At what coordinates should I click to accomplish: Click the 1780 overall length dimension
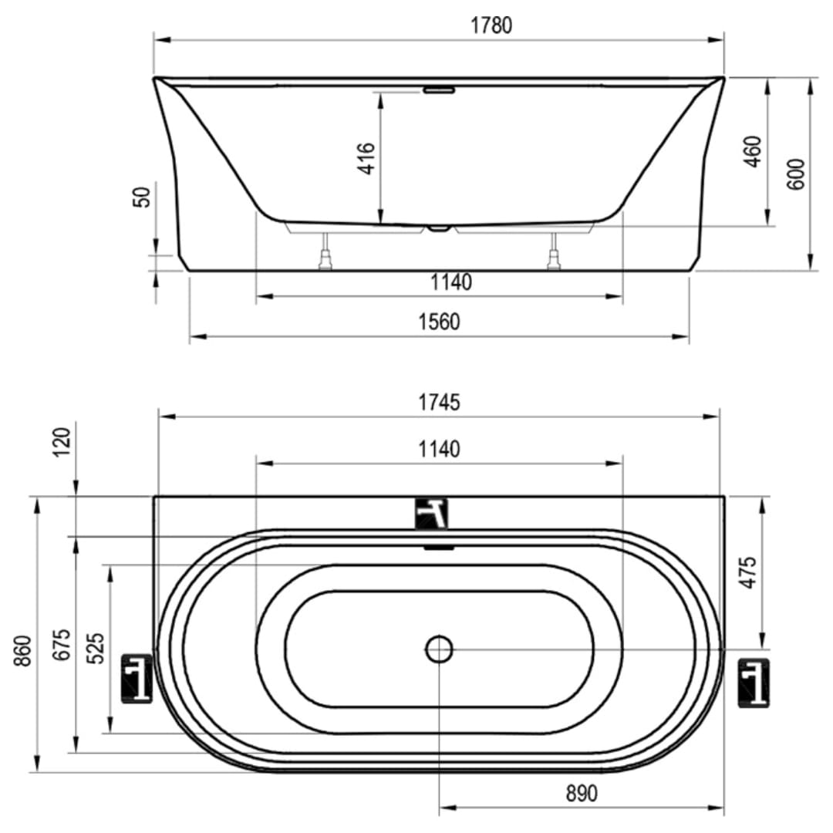click(x=491, y=25)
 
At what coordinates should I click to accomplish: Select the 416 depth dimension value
click(x=366, y=158)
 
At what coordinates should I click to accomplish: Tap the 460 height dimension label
click(x=753, y=152)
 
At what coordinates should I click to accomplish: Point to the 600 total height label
click(x=796, y=174)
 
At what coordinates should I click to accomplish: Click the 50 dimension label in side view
click(x=143, y=197)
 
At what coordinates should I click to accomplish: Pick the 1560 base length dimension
click(x=439, y=322)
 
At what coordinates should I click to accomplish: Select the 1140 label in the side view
click(x=451, y=282)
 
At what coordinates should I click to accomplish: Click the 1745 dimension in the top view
click(x=439, y=403)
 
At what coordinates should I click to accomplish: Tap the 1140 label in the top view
click(x=439, y=450)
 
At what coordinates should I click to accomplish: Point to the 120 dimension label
click(x=62, y=441)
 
